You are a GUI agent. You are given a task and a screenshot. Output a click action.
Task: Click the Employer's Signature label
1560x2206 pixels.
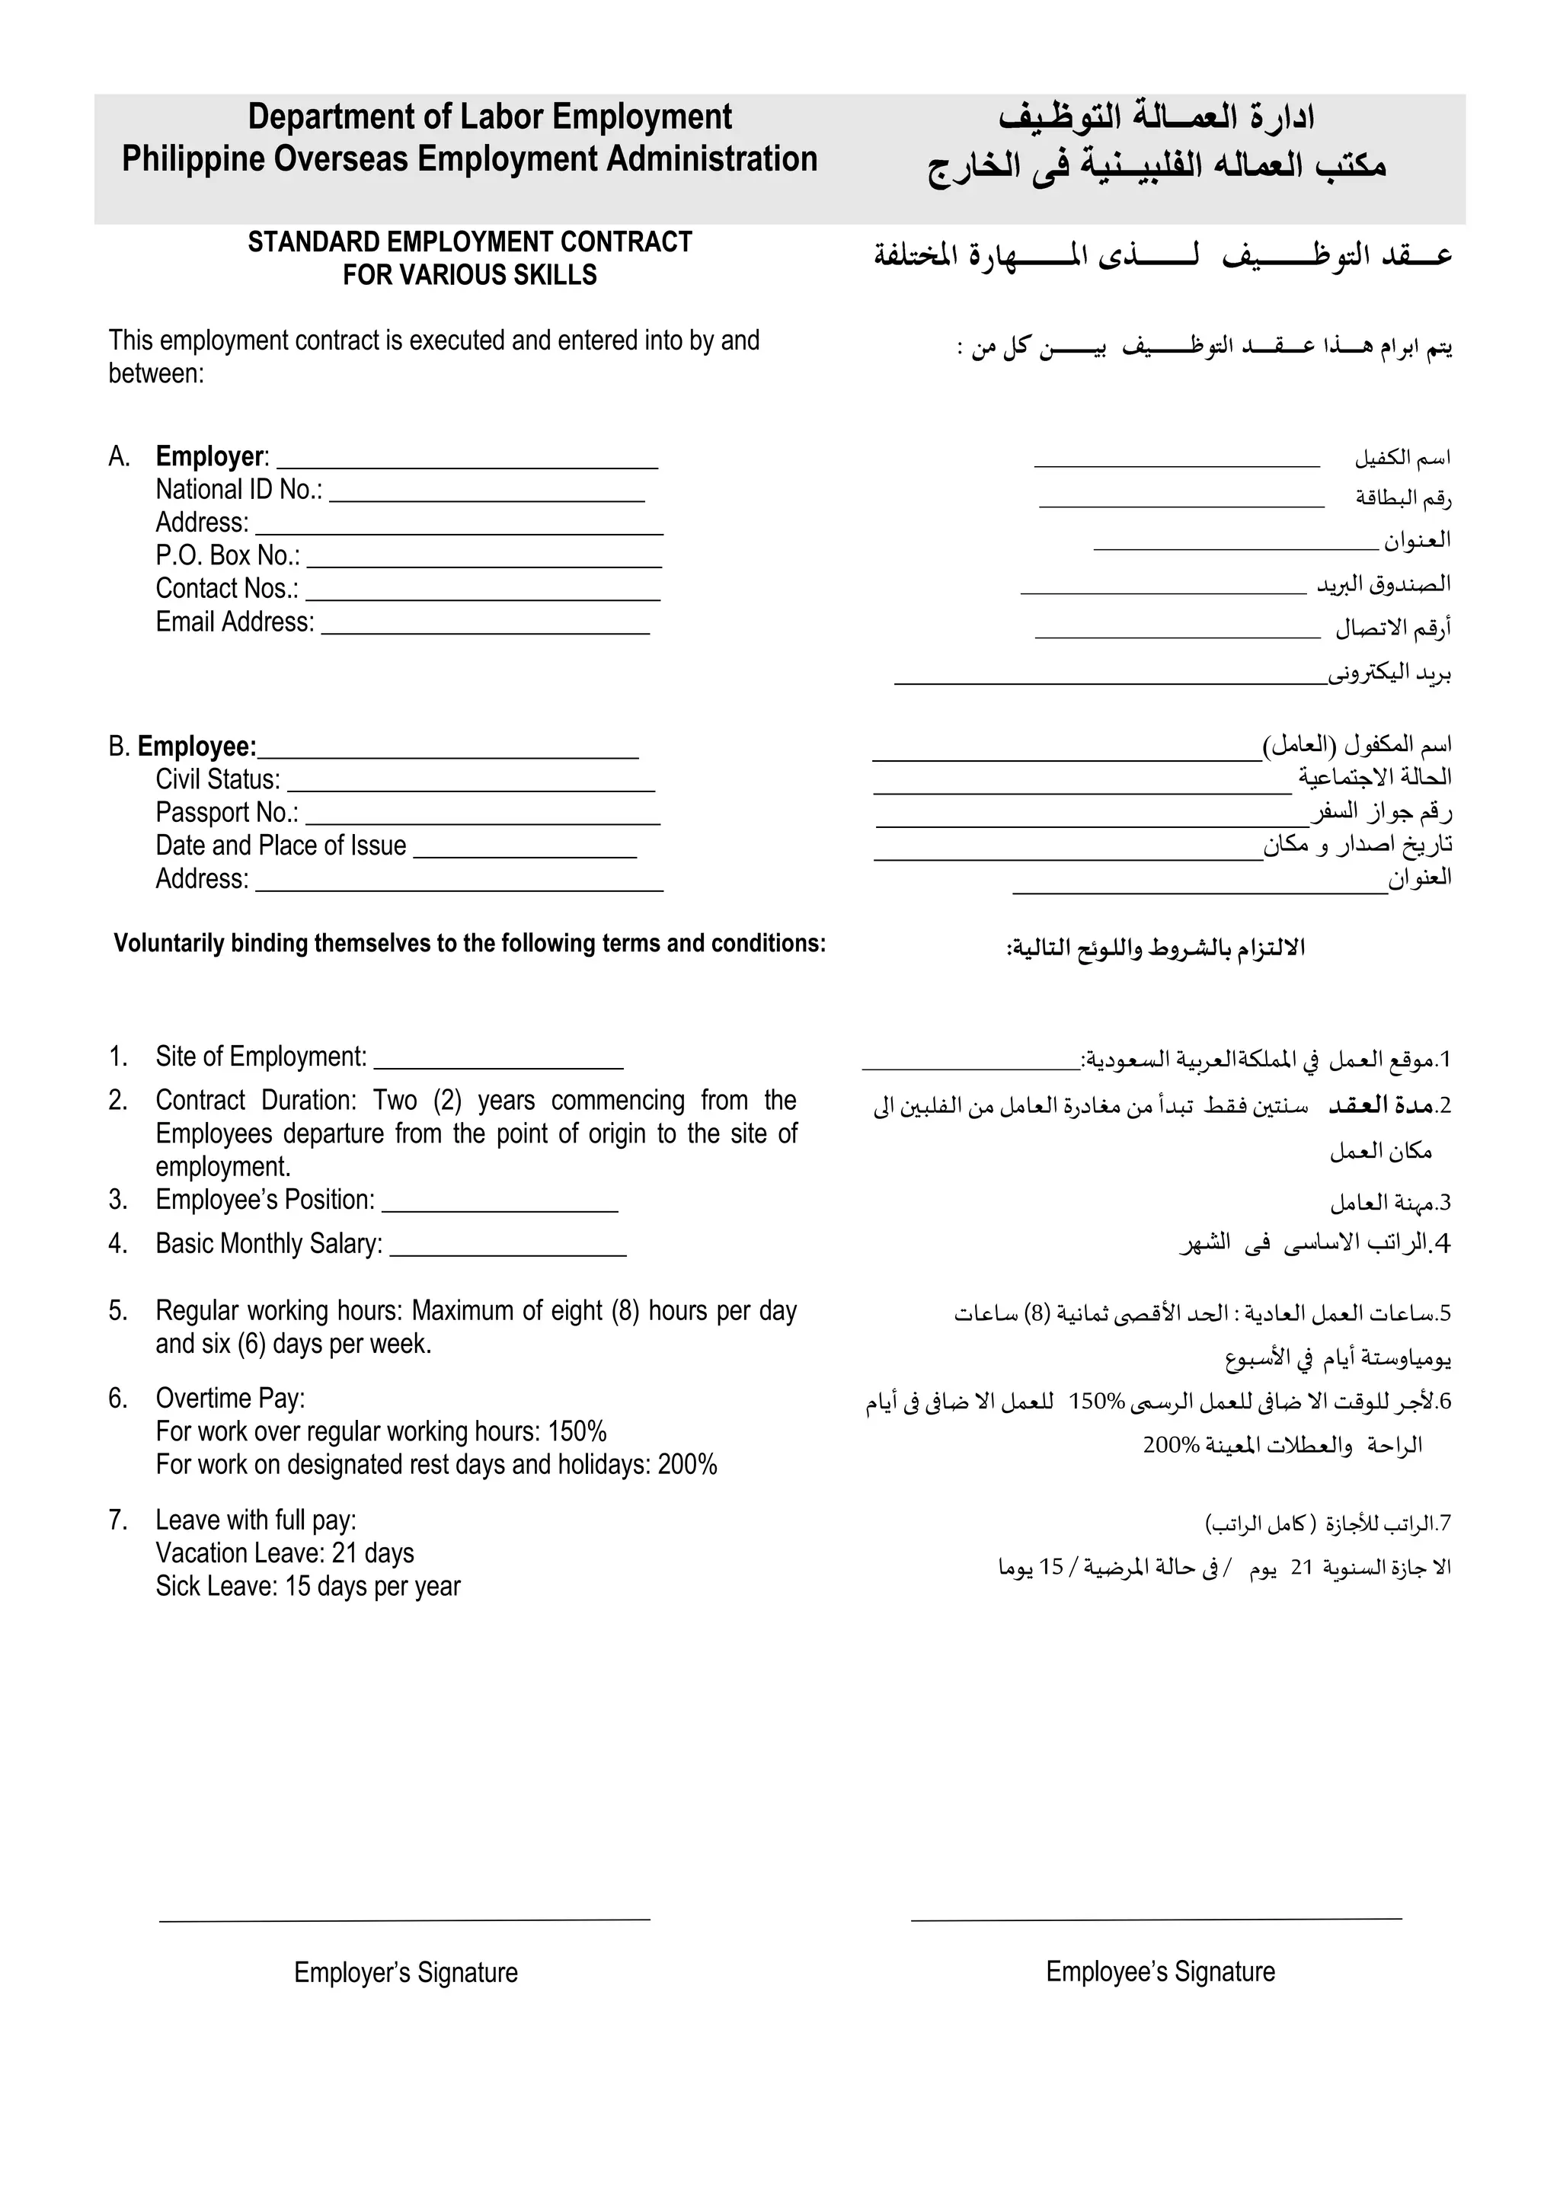point(405,1972)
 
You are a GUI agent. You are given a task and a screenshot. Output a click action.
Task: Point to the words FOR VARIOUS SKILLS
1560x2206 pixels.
point(470,276)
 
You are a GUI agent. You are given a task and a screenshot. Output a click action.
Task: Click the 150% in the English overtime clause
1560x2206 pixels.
point(577,1431)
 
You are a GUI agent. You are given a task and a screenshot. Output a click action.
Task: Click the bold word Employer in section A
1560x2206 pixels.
point(209,456)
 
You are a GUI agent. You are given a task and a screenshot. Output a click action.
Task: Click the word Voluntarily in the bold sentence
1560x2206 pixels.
point(169,944)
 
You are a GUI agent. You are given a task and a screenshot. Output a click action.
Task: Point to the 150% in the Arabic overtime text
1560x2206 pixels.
point(1095,1402)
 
